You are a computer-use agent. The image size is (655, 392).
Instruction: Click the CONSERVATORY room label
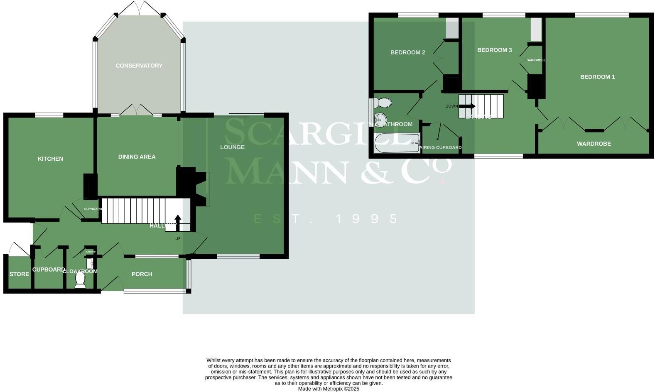click(x=139, y=66)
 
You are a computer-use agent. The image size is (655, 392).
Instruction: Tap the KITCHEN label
click(x=50, y=159)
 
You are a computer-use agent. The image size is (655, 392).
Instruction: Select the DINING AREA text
click(x=137, y=157)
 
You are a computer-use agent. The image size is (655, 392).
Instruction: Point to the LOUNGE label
click(x=232, y=147)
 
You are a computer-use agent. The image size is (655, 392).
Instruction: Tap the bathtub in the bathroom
click(x=397, y=143)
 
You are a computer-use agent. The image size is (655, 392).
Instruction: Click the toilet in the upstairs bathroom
click(x=383, y=102)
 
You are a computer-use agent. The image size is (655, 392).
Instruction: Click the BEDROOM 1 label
click(x=597, y=77)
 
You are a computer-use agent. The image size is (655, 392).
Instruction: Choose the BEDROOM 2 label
click(x=407, y=52)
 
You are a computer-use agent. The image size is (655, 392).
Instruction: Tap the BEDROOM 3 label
click(x=494, y=50)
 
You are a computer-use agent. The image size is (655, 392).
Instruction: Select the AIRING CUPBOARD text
click(x=441, y=147)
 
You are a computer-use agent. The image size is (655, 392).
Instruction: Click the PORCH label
click(x=142, y=274)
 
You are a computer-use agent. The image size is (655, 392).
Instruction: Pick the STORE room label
click(x=19, y=274)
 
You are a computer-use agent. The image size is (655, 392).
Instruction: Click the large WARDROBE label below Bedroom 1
click(x=594, y=144)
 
